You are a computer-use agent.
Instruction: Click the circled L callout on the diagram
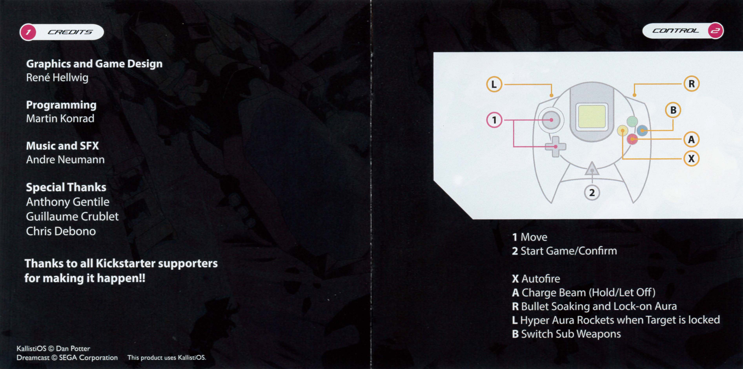[494, 84]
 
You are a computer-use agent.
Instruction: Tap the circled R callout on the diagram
[691, 84]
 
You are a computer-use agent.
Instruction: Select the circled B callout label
[673, 110]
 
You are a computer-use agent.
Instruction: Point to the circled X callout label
[691, 158]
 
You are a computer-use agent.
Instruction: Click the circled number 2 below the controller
[592, 193]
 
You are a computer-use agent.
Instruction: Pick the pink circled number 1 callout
[494, 120]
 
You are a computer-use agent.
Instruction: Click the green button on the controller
[632, 121]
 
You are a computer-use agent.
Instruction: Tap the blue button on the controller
[642, 131]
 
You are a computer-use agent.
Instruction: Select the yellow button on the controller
[622, 131]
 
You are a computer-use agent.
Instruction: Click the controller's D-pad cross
[555, 147]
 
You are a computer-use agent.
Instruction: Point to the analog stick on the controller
[551, 120]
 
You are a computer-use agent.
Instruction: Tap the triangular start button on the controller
[592, 170]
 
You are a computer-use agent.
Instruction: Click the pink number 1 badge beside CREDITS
[28, 32]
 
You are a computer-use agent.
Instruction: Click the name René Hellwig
[57, 78]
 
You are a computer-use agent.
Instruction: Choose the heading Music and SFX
[62, 146]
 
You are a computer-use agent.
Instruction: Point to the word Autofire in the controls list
[541, 279]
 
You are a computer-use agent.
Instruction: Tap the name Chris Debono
[61, 231]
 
